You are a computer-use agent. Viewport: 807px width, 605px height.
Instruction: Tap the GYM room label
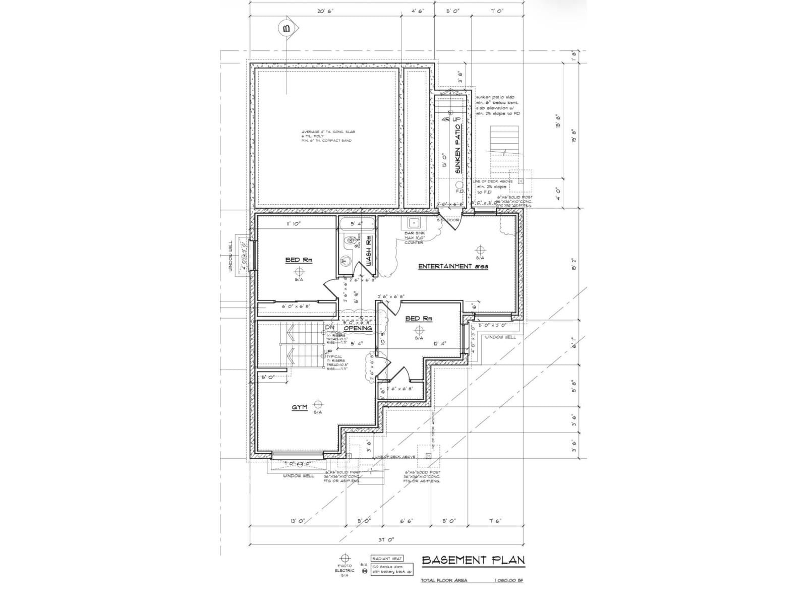(300, 407)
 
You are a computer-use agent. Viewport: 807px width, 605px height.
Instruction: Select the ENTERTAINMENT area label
(453, 266)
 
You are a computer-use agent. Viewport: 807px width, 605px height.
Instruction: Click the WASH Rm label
(369, 251)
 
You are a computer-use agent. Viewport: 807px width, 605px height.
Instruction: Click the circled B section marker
(287, 29)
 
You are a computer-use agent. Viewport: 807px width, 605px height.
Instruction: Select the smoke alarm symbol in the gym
(318, 404)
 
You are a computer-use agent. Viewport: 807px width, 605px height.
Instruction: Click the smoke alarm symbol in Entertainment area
(480, 250)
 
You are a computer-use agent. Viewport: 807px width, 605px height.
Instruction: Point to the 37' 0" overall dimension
(385, 539)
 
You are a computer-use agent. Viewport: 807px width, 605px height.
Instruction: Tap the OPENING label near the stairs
(358, 328)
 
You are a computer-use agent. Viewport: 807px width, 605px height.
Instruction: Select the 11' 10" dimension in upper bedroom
(293, 223)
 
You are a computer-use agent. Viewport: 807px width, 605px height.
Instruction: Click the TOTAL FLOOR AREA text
(444, 580)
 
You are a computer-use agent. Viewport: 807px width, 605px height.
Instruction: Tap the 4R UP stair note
(451, 119)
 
